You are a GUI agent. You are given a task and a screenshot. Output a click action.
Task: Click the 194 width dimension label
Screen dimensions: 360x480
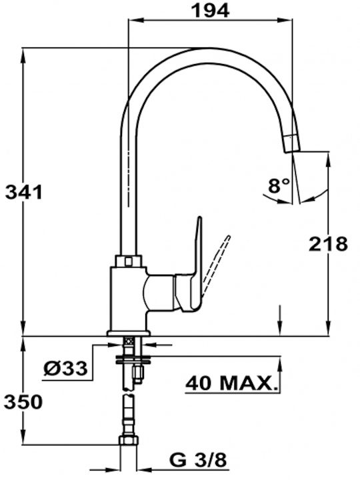pyautogui.click(x=210, y=11)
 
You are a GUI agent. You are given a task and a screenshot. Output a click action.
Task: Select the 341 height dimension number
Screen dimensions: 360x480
pyautogui.click(x=24, y=193)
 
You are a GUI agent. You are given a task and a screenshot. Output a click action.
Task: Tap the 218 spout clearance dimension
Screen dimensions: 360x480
pyautogui.click(x=328, y=244)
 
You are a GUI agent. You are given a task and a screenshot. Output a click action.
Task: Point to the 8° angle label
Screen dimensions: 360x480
pyautogui.click(x=278, y=185)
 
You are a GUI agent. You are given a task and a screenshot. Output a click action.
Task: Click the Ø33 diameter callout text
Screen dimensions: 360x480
pyautogui.click(x=65, y=368)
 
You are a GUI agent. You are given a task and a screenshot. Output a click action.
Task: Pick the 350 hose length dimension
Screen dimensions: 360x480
pyautogui.click(x=23, y=402)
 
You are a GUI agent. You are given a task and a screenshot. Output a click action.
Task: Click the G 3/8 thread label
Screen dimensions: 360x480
pyautogui.click(x=198, y=459)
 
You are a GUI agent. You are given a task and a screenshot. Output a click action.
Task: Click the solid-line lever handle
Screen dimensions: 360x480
pyautogui.click(x=192, y=269)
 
